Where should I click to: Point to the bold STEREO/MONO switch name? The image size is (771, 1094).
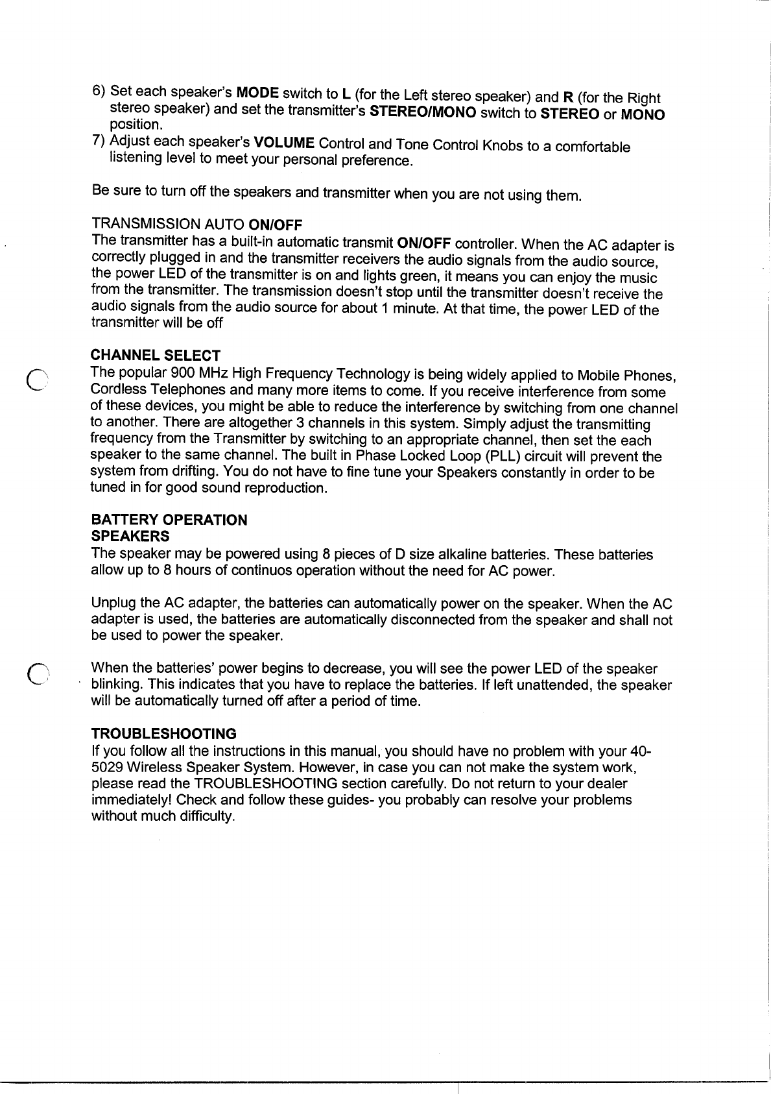coord(422,112)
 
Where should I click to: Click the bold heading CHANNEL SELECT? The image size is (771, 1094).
coord(156,356)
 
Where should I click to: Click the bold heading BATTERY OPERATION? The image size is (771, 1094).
coord(169,520)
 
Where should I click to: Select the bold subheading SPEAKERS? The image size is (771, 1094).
coord(130,536)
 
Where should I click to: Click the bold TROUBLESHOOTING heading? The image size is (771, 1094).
coord(164,734)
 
